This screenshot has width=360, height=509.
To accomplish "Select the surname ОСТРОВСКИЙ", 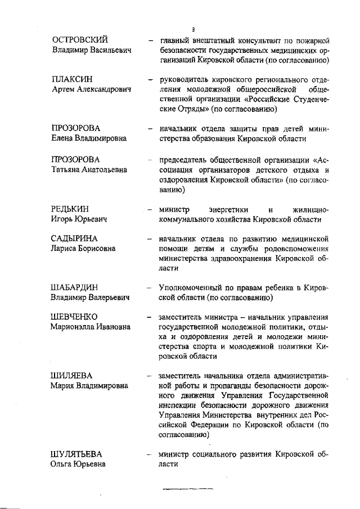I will [x=80, y=40].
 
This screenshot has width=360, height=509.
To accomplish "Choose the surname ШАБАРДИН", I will [x=75, y=287].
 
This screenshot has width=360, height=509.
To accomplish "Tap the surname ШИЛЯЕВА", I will [x=72, y=375].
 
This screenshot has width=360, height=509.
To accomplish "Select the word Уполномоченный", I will [x=190, y=287].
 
